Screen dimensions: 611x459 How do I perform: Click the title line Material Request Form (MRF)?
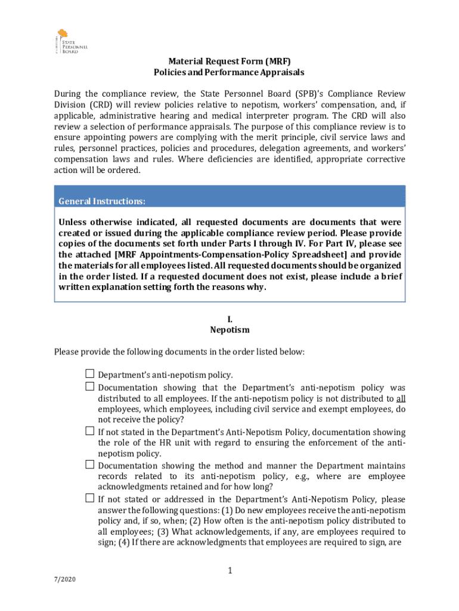point(229,61)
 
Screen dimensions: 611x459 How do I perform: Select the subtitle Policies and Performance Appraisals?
point(229,72)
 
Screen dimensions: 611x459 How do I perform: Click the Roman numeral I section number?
point(229,319)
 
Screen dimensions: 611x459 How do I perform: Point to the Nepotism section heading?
point(229,329)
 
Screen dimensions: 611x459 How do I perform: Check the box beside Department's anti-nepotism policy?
point(89,374)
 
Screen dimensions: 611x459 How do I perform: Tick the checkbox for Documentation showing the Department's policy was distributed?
point(89,387)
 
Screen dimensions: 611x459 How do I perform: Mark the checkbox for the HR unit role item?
point(89,431)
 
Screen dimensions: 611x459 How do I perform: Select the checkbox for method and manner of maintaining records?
point(89,464)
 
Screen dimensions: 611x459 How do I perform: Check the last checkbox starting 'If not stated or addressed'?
point(89,498)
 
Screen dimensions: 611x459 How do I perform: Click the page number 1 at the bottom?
point(229,572)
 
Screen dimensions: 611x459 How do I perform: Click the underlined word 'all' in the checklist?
point(401,399)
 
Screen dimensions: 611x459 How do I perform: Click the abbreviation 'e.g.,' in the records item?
point(289,476)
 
